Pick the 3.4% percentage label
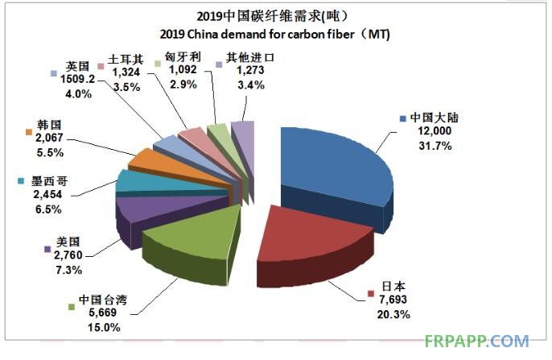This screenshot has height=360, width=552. point(230,84)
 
